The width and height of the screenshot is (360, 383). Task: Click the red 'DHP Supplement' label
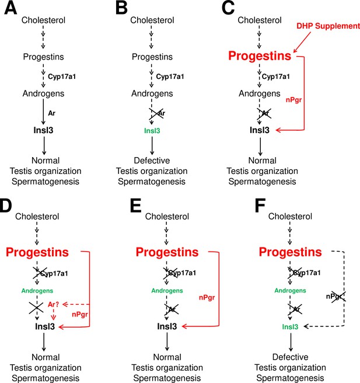[328, 26]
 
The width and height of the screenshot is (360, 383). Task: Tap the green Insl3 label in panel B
[152, 131]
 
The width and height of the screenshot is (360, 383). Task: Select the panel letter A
[11, 8]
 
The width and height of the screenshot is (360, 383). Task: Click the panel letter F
[260, 206]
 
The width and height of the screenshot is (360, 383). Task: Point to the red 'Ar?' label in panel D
[54, 305]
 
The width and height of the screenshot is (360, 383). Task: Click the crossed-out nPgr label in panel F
[334, 297]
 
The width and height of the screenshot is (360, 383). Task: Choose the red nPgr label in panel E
[207, 298]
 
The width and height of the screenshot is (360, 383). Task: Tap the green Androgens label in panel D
[37, 291]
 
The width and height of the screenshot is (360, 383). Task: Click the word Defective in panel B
[152, 161]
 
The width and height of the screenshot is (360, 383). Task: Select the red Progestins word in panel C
[260, 55]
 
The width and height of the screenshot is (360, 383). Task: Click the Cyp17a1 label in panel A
[62, 76]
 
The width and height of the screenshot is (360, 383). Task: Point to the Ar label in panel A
[51, 113]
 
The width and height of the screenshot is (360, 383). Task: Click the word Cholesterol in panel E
[167, 217]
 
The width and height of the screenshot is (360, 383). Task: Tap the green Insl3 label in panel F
[290, 327]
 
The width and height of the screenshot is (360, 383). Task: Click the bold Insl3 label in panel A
[43, 130]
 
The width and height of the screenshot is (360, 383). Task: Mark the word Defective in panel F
[290, 357]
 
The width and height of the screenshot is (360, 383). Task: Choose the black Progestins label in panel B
[152, 57]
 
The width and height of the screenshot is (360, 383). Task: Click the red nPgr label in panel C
[293, 100]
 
